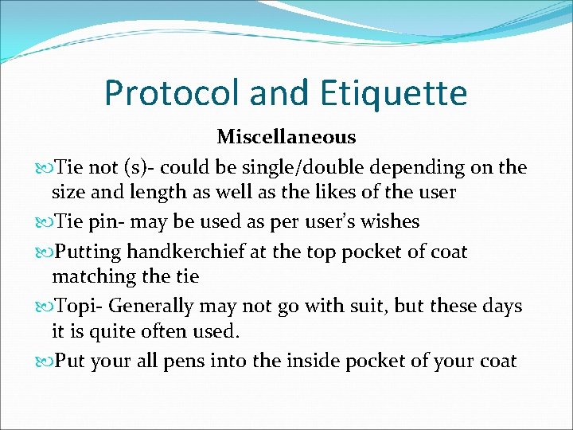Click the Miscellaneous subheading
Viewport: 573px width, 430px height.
pos(286,137)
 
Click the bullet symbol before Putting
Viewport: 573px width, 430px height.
pos(43,253)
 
